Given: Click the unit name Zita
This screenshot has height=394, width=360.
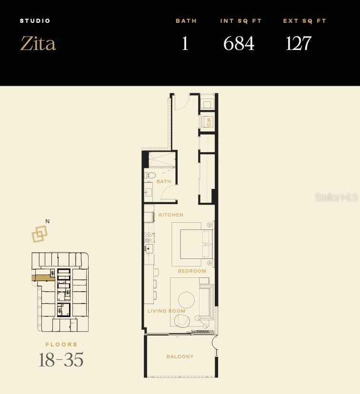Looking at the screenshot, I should pos(38,43).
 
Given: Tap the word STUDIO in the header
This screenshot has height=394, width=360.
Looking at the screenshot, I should pos(35,21).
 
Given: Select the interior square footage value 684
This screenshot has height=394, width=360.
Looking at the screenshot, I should pos(239,43).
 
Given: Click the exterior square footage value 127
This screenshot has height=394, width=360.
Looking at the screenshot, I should pos(299,43).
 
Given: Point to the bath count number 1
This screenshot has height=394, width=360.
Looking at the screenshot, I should pos(185,43).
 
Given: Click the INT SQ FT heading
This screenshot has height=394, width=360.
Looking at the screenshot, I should pos(241,21).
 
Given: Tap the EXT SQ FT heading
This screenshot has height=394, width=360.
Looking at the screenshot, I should pos(305,21).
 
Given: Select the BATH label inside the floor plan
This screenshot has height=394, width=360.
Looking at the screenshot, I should pos(164,182).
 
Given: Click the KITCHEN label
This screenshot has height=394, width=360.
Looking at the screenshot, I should pos(171,215).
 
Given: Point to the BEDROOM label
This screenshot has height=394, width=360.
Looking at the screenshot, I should pos(192,271).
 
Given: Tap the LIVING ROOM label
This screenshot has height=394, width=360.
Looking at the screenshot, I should pos(166,311).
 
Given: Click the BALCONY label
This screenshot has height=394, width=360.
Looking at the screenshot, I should pos(180,357).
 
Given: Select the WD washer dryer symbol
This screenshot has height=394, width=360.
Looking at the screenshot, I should pos(208,122).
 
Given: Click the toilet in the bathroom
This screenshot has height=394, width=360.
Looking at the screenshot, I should pos(149,176).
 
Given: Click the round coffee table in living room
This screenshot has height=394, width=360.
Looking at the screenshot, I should pos(186,300).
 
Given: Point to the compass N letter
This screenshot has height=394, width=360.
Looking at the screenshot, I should pos(47,221).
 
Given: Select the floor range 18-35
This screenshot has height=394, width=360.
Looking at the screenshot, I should pos(61,360).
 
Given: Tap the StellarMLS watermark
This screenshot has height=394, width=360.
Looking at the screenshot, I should pos(336,197).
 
